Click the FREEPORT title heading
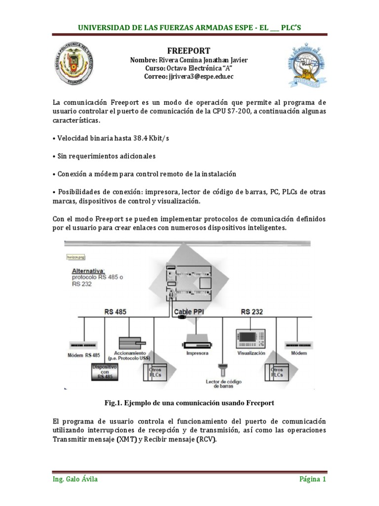pyautogui.click(x=189, y=51)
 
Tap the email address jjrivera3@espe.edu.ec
pyautogui.click(x=189, y=77)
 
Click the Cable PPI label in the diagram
pyautogui.click(x=189, y=312)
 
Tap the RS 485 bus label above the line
pyautogui.click(x=115, y=312)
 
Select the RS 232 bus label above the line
pyautogui.click(x=252, y=312)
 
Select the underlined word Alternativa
pyautogui.click(x=88, y=271)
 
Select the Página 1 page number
pyautogui.click(x=312, y=480)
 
